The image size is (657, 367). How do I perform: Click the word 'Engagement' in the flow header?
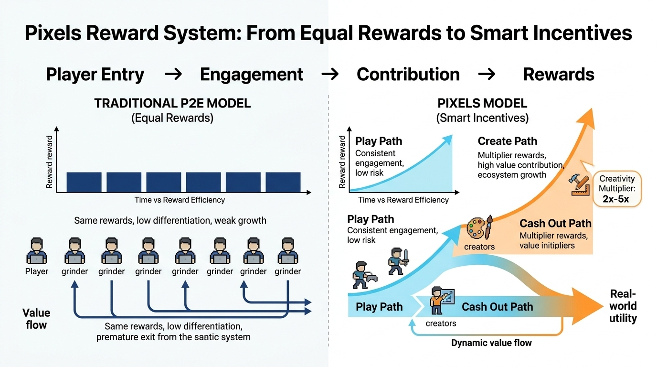pos(252,75)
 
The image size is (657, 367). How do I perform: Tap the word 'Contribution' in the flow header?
pos(408,75)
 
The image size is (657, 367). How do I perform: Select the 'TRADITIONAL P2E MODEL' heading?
pos(172,104)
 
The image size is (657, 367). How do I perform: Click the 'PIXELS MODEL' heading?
pos(482,103)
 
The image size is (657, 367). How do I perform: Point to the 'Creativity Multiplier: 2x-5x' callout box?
pos(617,189)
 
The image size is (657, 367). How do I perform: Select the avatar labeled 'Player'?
pos(37,252)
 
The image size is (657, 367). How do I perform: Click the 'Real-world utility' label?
pos(623,306)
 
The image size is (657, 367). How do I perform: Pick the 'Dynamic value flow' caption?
pos(491,343)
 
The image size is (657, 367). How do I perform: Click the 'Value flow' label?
pos(36,319)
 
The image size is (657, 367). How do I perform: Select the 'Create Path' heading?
pos(507,141)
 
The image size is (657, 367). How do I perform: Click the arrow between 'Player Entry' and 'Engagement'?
pos(172,75)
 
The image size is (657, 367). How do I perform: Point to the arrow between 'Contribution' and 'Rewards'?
pos(487,75)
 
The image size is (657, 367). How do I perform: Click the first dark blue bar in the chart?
pos(84,182)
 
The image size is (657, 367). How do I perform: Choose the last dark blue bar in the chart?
pos(283,182)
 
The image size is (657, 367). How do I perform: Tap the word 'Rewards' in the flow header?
pos(559,75)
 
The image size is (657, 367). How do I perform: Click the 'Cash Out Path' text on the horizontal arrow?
pos(497,307)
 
